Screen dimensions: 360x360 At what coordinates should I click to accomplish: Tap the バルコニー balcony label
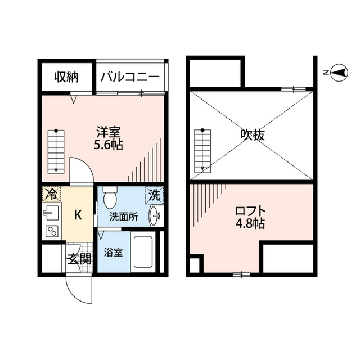[x=130, y=78]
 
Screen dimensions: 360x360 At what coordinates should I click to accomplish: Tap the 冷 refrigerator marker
[x=51, y=195]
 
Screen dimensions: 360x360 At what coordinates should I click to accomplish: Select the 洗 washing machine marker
[x=154, y=195]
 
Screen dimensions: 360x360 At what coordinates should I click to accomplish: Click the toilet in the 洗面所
[x=111, y=197]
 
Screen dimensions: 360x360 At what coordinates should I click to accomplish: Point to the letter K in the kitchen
[x=79, y=214]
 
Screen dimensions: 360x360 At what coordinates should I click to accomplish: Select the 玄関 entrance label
[x=79, y=259]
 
